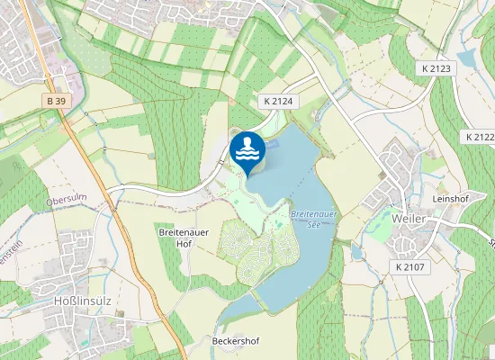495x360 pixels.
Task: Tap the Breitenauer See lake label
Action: [x=313, y=220]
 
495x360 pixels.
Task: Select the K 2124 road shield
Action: [x=280, y=102]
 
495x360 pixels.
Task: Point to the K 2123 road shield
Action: [x=436, y=68]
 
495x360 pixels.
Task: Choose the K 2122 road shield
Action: [x=481, y=137]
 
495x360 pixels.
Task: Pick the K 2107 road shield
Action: [x=410, y=267]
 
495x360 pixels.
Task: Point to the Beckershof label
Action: [x=235, y=342]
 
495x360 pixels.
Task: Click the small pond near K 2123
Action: [x=466, y=59]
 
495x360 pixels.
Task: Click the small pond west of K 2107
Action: [x=357, y=253]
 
